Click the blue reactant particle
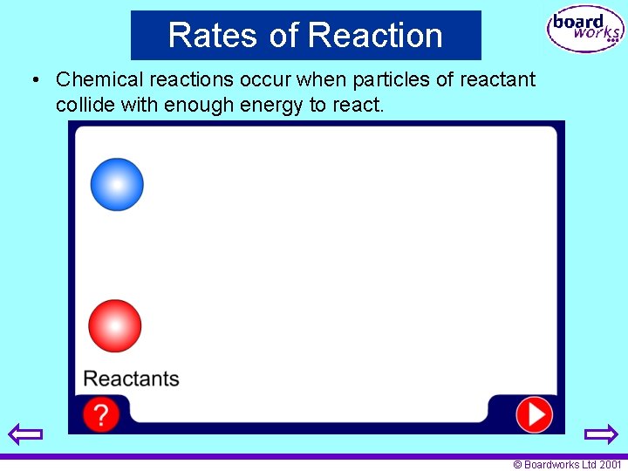(x=117, y=184)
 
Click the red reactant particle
(x=115, y=325)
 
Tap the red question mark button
(x=101, y=414)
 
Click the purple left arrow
(x=25, y=433)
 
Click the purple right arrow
(x=600, y=433)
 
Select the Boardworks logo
(x=584, y=31)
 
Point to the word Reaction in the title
(x=375, y=36)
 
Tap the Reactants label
(x=131, y=379)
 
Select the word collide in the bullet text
(x=84, y=105)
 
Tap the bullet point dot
(x=36, y=80)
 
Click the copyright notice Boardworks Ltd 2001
(x=567, y=464)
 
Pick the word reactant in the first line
(x=496, y=79)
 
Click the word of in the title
(x=284, y=36)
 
